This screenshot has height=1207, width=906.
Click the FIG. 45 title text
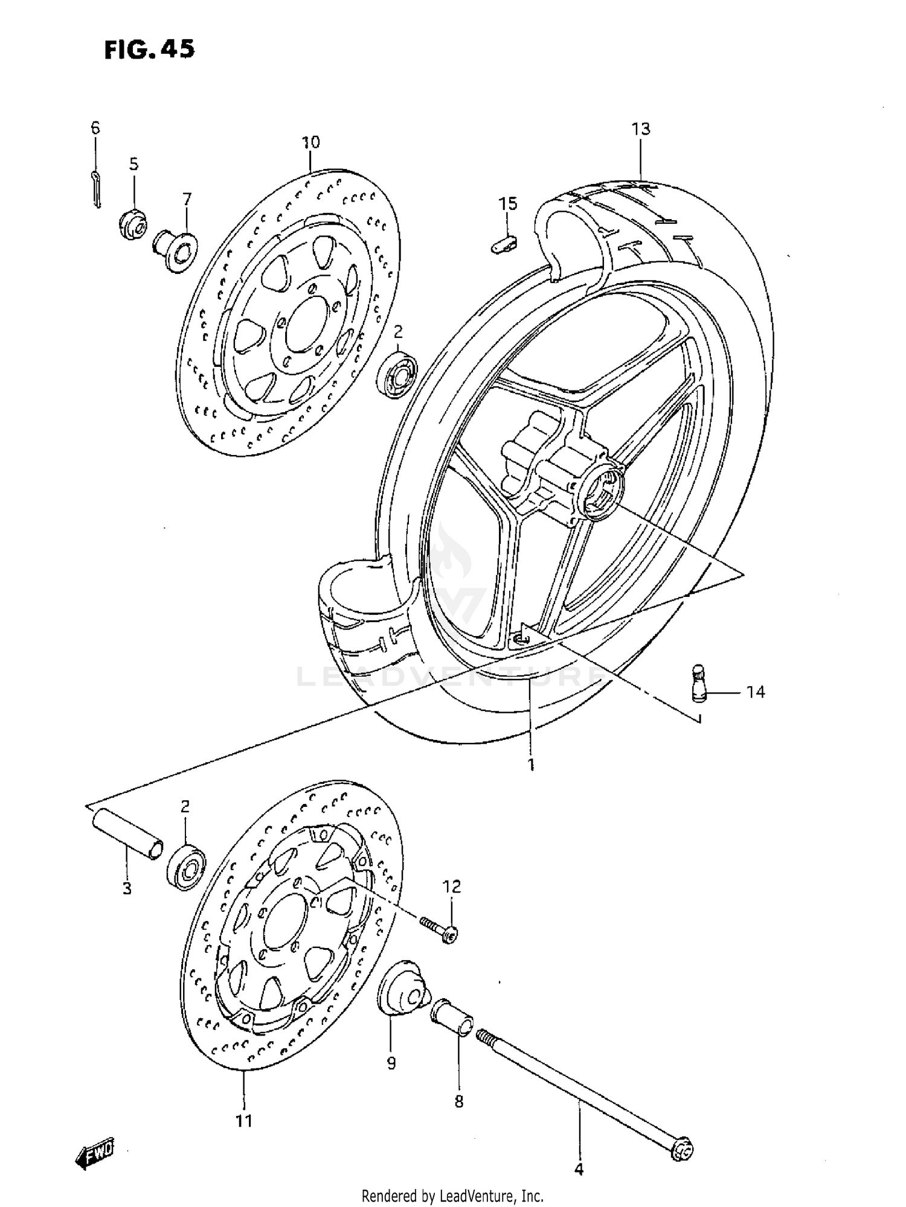click(x=149, y=49)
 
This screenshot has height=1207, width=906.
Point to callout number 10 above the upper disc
click(x=310, y=142)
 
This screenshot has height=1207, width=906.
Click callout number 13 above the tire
click(x=641, y=129)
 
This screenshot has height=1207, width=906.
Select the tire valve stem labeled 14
click(x=699, y=684)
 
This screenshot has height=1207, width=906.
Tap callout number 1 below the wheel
click(x=531, y=765)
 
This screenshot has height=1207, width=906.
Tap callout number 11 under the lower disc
click(x=243, y=1121)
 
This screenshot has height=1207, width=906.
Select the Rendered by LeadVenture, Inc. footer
click(x=452, y=1196)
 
